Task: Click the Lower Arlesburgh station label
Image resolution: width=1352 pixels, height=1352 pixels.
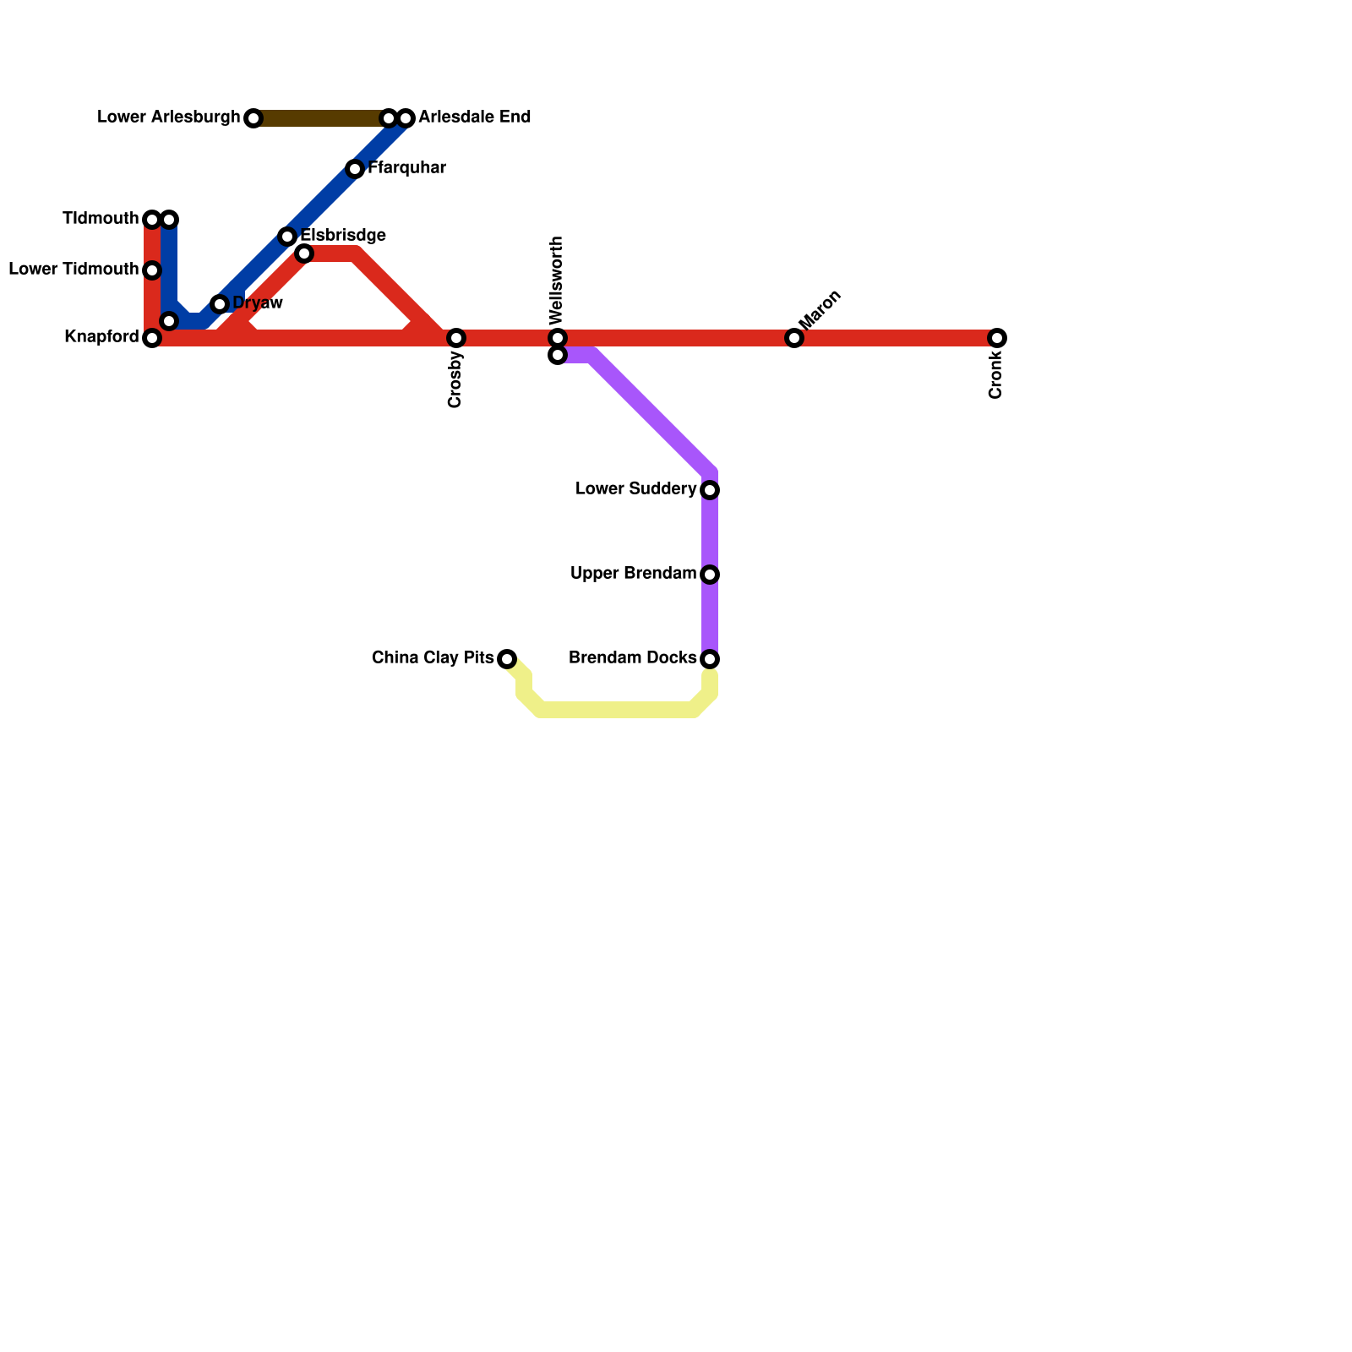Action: [x=168, y=117]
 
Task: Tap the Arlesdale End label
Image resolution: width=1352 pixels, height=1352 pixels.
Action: [x=474, y=117]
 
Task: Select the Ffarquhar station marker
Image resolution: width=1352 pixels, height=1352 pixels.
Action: [x=355, y=169]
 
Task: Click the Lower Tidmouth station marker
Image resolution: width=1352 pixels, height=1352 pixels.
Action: [x=152, y=270]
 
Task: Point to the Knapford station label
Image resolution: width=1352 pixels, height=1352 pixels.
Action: [x=101, y=337]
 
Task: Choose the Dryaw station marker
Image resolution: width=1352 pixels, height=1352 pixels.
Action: [x=220, y=304]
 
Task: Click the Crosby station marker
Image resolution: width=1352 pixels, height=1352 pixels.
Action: [x=456, y=338]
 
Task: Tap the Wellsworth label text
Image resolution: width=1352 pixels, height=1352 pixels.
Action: [x=556, y=281]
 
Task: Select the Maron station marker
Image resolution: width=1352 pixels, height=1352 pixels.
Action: [x=794, y=338]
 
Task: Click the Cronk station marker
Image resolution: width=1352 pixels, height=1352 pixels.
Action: [x=997, y=338]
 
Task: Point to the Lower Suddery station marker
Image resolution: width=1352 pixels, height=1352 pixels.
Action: [x=710, y=490]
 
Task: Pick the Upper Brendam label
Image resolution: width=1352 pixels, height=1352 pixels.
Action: [x=633, y=574]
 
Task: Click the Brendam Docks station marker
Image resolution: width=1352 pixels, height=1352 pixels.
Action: [x=710, y=659]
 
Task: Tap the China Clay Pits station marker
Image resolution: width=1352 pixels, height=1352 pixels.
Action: [x=507, y=659]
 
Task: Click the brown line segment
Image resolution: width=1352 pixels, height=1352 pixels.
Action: [x=321, y=118]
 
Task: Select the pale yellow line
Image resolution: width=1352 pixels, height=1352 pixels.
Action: [x=617, y=710]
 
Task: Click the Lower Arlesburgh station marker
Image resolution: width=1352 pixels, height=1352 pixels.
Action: [x=253, y=118]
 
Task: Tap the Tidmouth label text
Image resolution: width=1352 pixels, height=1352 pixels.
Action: [x=101, y=219]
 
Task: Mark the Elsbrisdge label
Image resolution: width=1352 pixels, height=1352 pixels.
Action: [x=343, y=235]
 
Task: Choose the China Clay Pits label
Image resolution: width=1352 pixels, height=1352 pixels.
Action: [x=433, y=657]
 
